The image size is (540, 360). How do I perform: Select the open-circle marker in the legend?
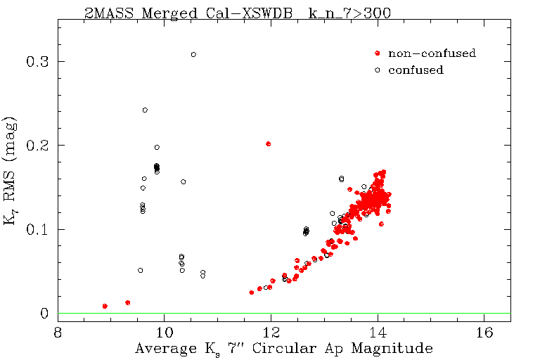click(378, 70)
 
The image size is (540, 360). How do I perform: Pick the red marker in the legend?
click(378, 53)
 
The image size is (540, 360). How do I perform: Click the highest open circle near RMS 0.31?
click(193, 54)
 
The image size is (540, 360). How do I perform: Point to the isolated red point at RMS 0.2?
click(268, 143)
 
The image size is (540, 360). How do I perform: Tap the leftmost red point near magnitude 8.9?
click(105, 306)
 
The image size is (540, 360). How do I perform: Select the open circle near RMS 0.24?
click(145, 110)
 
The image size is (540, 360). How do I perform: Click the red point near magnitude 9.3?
click(127, 302)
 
